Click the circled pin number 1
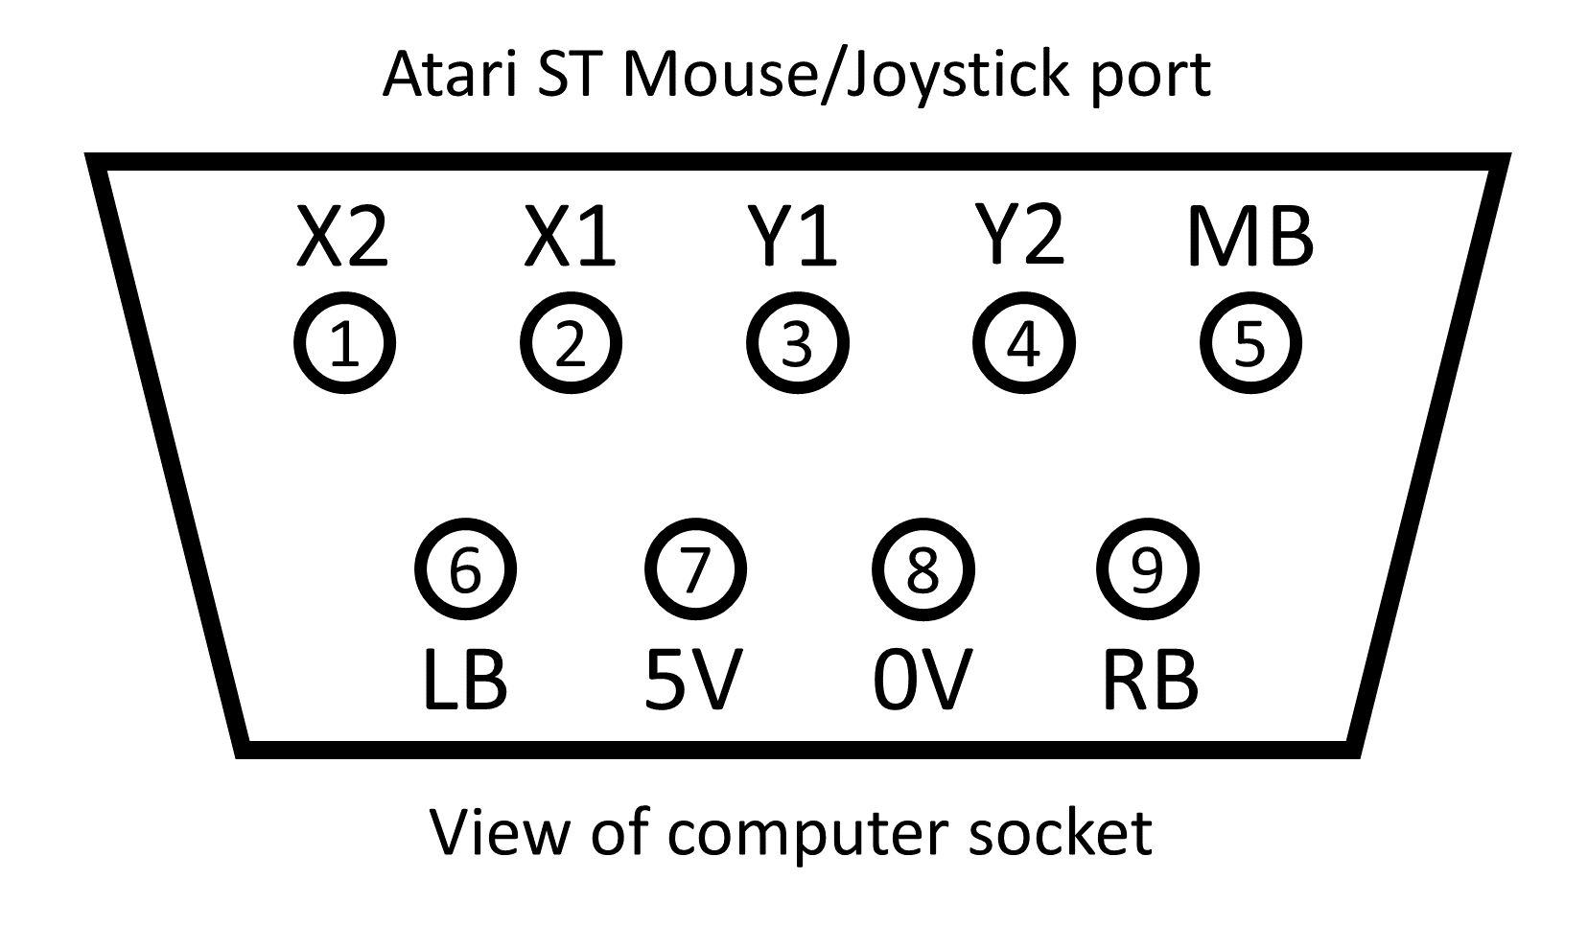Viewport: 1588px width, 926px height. tap(343, 344)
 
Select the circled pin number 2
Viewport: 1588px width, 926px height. tap(571, 344)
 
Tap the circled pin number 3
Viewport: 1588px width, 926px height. tap(797, 344)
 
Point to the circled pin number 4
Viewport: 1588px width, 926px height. tap(1023, 344)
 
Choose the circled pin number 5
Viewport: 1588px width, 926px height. tap(1250, 344)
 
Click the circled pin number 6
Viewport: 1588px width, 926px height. tap(465, 570)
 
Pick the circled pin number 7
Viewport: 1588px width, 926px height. tap(694, 570)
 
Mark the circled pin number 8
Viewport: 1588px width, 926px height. tap(922, 570)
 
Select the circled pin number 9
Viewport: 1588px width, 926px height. tap(1147, 570)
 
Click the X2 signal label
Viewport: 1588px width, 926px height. tap(342, 237)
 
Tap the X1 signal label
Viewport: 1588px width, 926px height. tap(570, 237)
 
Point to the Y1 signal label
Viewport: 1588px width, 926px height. tap(794, 237)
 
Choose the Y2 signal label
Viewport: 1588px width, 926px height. tap(1020, 237)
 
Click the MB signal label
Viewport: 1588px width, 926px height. tap(1249, 237)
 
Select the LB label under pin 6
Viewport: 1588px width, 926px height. tap(465, 680)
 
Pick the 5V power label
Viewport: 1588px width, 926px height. tap(692, 680)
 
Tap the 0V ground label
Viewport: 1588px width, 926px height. tap(922, 680)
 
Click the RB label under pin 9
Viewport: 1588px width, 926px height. tap(1150, 680)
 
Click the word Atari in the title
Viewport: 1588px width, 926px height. tap(451, 74)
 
